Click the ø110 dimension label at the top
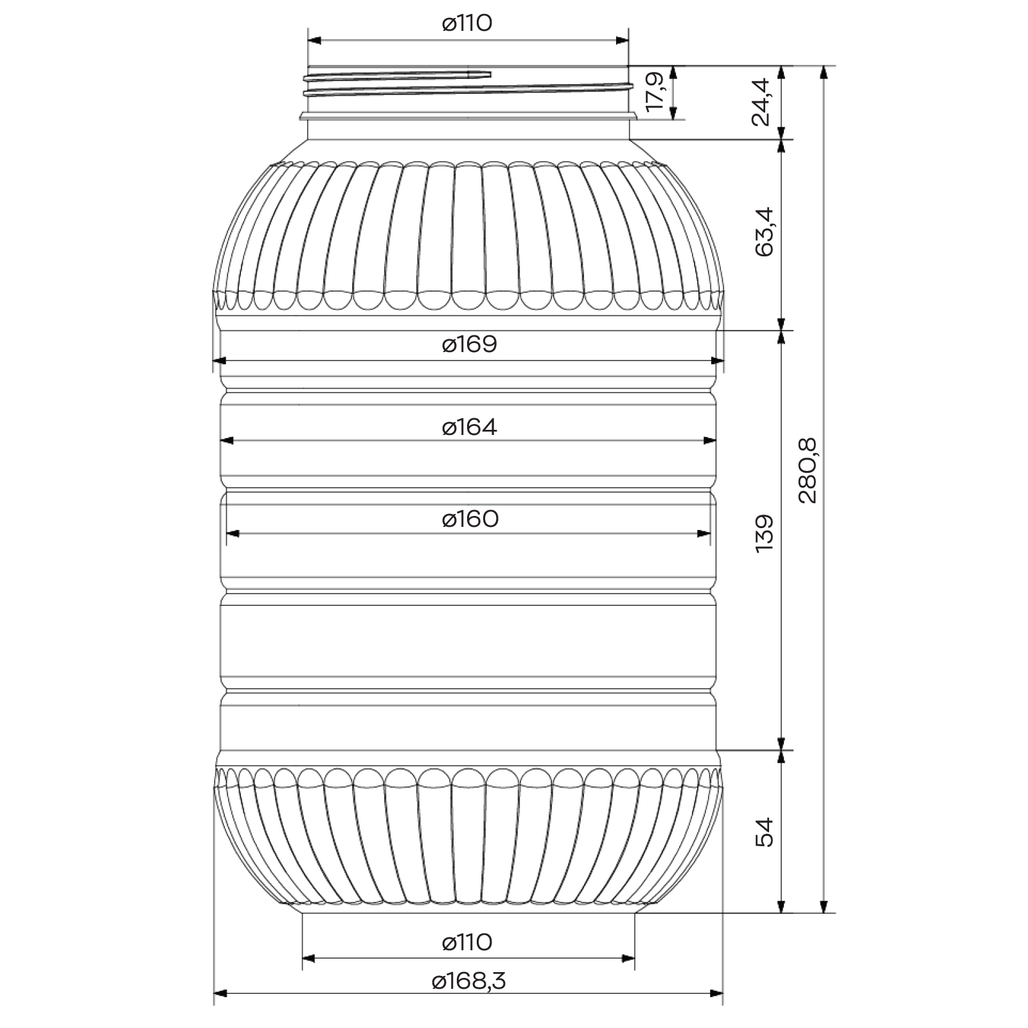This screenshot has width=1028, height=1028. tap(467, 24)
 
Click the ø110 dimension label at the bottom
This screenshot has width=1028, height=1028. tap(467, 943)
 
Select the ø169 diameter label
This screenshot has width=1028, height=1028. tap(470, 344)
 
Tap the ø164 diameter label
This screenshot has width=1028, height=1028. tap(470, 427)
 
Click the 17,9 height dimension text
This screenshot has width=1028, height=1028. tap(655, 93)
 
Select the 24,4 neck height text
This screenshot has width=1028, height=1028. tap(761, 102)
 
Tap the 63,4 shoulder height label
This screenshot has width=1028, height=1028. tap(765, 232)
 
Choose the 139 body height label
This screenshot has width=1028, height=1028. tap(765, 533)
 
